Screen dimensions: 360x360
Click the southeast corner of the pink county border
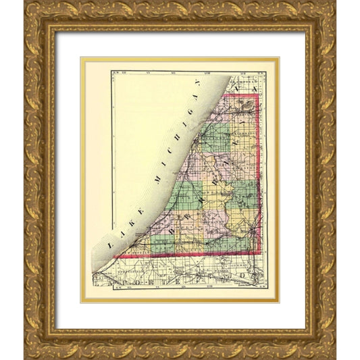[x=260, y=253]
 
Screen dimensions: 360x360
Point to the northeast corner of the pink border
[x=259, y=95]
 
